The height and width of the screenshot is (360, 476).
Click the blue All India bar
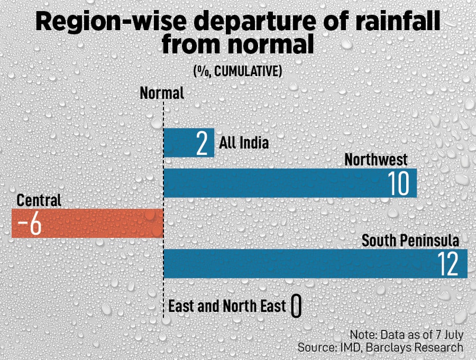[x=180, y=143]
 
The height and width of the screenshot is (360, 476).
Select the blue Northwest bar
[x=275, y=183]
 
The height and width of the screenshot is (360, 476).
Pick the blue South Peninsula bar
[x=296, y=263]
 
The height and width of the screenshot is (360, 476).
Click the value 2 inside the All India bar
[x=202, y=143]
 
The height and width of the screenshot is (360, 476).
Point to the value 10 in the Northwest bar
[x=398, y=183]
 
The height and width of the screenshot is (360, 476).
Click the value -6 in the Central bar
[x=30, y=224]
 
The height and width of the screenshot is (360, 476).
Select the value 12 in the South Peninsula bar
[x=448, y=264]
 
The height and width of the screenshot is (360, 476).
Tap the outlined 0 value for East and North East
[x=296, y=307]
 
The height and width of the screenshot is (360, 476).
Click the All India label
[x=244, y=143]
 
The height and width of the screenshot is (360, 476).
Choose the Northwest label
[x=376, y=159]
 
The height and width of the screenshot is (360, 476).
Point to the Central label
[x=39, y=200]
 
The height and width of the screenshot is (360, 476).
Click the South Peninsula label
[x=410, y=241]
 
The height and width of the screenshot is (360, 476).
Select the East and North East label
[x=227, y=306]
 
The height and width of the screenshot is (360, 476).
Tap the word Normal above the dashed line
[x=162, y=94]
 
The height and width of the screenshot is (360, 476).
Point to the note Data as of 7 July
[x=406, y=335]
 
